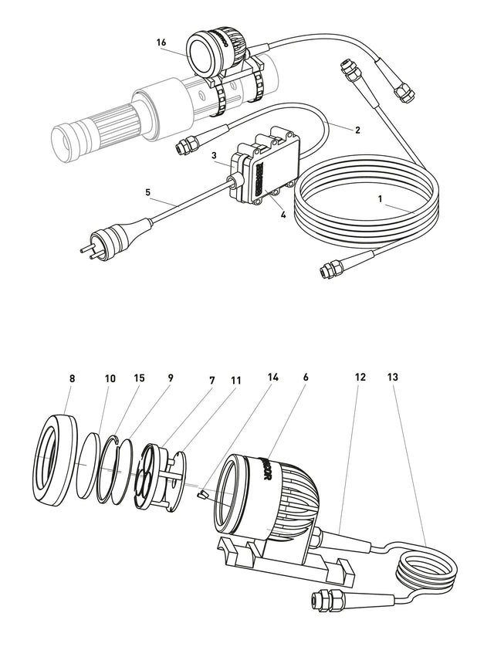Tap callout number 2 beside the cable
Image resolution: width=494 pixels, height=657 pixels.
click(357, 130)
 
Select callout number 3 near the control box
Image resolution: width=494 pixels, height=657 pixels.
click(214, 155)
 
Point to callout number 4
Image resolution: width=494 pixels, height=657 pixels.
click(283, 215)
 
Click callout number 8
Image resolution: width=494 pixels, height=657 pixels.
click(72, 379)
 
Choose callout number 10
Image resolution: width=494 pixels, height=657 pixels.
click(110, 379)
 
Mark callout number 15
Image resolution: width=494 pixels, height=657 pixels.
click(139, 379)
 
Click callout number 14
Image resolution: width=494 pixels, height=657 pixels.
click(272, 379)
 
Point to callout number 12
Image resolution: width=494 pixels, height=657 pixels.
click(360, 378)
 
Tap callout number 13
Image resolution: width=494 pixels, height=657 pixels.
click(394, 378)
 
